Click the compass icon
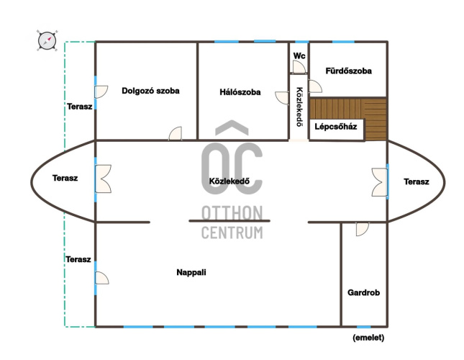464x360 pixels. click(47, 40)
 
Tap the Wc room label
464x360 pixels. click(299, 55)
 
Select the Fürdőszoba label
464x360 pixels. click(349, 71)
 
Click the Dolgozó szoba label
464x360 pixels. click(150, 91)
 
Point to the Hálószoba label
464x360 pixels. click(240, 92)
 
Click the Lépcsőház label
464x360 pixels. click(335, 127)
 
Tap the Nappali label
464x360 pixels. click(191, 272)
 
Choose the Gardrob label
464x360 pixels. click(364, 293)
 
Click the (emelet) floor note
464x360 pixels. click(368, 338)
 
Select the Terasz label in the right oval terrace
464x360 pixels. click(417, 181)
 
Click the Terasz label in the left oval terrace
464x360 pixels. click(65, 178)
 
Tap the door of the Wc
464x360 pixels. click(299, 67)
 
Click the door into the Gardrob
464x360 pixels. click(362, 229)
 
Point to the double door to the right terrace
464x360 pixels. click(380, 182)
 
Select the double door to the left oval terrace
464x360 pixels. click(103, 179)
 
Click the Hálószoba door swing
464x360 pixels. click(281, 98)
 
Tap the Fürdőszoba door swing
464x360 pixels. click(315, 86)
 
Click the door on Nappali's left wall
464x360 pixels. click(102, 278)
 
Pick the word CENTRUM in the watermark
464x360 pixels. click(232, 233)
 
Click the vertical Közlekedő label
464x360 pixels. click(299, 107)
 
